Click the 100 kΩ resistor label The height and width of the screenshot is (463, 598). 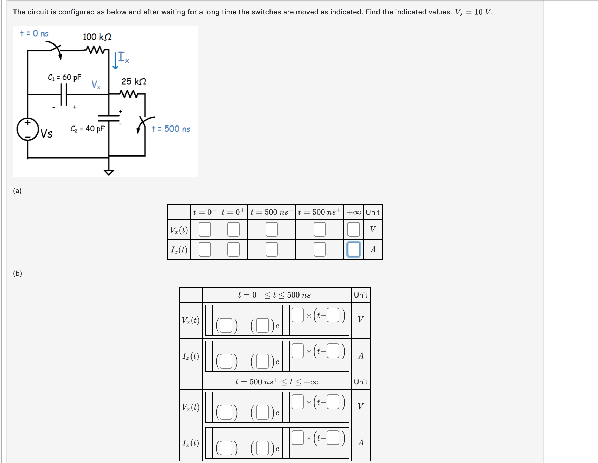tap(97, 37)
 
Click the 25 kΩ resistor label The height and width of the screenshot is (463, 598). tap(134, 82)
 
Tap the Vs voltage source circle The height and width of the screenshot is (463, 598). tap(28, 129)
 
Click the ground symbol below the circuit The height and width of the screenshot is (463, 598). tap(109, 172)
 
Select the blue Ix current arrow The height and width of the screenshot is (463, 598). tap(116, 60)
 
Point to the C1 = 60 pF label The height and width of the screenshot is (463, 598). tap(65, 77)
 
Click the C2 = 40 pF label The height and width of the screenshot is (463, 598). tap(87, 129)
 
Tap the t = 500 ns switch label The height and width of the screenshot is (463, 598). tap(171, 129)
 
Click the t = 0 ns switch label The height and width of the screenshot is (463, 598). tap(34, 33)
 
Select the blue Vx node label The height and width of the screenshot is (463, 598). tap(96, 84)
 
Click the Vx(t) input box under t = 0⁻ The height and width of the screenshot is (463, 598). tap(205, 230)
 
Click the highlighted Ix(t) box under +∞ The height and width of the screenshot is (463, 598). tap(353, 249)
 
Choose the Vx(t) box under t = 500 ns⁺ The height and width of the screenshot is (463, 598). tap(320, 230)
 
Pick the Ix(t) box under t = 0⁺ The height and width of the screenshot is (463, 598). tap(234, 249)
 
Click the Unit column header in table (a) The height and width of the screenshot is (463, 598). tap(372, 212)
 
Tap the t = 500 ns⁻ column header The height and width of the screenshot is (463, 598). tap(272, 212)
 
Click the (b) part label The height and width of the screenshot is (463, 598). tap(18, 273)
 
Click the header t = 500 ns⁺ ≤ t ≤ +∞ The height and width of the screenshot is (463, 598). tap(277, 382)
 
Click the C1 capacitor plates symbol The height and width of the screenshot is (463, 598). tap(63, 94)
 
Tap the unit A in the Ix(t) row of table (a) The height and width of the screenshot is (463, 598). tap(373, 249)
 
